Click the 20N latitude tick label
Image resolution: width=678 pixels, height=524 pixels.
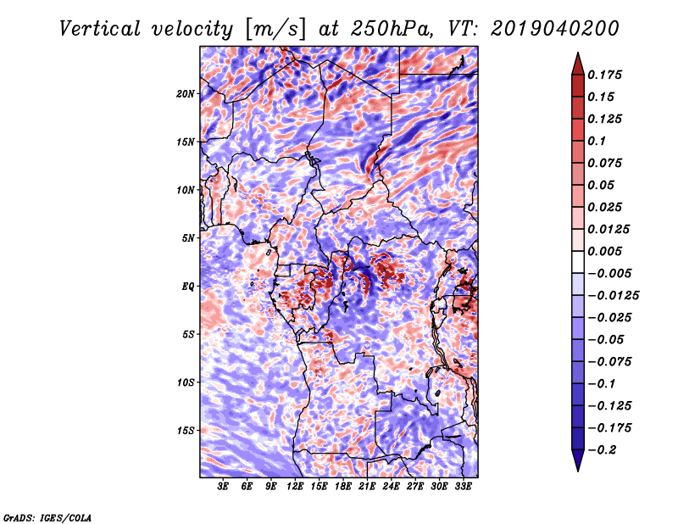185,94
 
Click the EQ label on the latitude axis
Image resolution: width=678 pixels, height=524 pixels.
187,287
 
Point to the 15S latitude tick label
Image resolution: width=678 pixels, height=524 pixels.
186,431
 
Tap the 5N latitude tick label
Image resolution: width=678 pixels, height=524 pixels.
188,238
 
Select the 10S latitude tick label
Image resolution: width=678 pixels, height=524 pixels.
186,382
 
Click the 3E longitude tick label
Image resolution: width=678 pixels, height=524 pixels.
223,487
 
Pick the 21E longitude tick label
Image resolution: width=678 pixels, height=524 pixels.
367,487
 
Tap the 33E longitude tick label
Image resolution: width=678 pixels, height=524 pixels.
463,487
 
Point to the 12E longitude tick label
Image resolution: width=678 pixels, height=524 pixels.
294,487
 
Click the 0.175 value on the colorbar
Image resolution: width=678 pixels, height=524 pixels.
604,75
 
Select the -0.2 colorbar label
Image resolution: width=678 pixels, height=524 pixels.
601,450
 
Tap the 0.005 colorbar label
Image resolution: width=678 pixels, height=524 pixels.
604,251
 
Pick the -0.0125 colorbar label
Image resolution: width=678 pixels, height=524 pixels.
613,296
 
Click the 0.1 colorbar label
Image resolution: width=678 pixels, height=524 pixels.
597,141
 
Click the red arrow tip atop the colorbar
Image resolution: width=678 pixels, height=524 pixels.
578,53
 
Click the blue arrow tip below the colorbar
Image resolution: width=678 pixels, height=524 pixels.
578,471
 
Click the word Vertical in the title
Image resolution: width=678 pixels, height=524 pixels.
100,29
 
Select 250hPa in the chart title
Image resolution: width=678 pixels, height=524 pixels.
392,29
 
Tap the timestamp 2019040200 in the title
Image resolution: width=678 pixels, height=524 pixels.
555,29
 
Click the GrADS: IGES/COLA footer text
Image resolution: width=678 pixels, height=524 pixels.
47,518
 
